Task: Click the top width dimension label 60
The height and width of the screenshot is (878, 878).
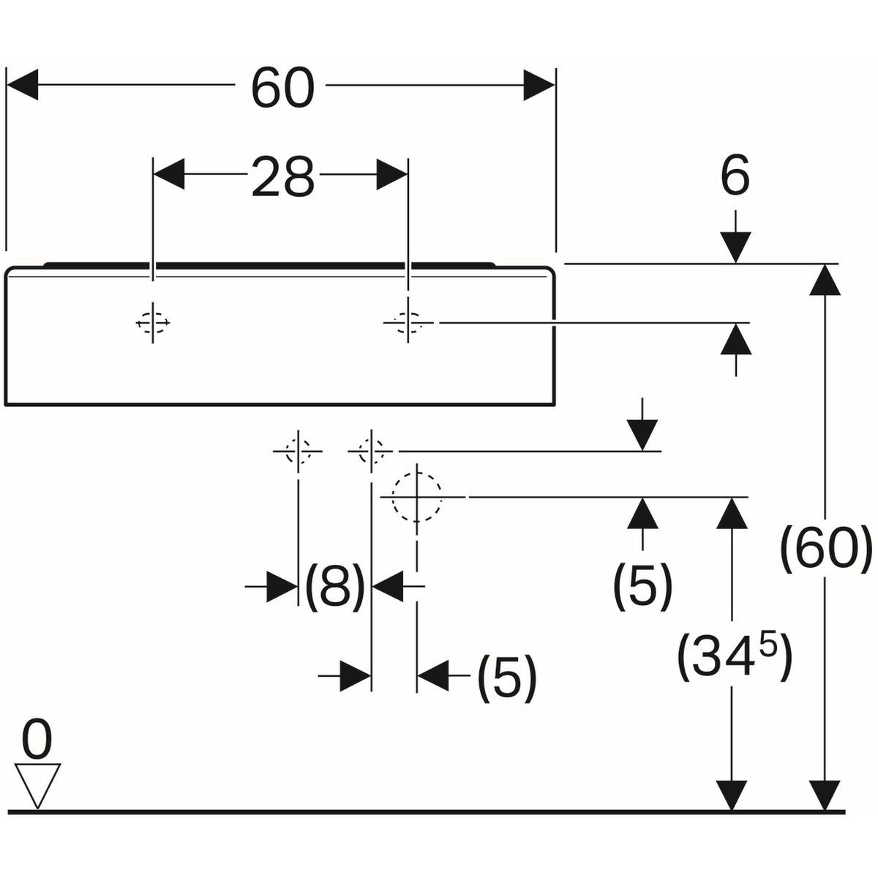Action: tap(282, 88)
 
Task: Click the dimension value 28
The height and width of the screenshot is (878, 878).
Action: tap(282, 178)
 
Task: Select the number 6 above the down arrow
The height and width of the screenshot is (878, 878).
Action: tap(735, 178)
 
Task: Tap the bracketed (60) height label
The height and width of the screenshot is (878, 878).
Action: tap(826, 549)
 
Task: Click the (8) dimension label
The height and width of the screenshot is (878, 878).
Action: tap(334, 585)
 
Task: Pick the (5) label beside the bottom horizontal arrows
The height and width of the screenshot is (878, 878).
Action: tap(506, 677)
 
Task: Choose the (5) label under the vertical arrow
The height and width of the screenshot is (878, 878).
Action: tap(642, 585)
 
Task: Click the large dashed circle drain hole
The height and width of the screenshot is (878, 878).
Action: tap(417, 497)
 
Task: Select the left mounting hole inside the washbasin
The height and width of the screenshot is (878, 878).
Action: tap(153, 322)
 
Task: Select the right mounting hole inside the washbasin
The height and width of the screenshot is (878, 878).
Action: tap(407, 322)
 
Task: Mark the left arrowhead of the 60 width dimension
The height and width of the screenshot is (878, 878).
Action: tap(22, 86)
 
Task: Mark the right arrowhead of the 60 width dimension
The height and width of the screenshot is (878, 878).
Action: tap(540, 86)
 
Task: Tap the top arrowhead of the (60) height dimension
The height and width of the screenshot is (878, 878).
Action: tap(826, 279)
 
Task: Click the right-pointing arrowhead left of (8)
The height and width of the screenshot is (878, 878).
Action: tap(282, 586)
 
